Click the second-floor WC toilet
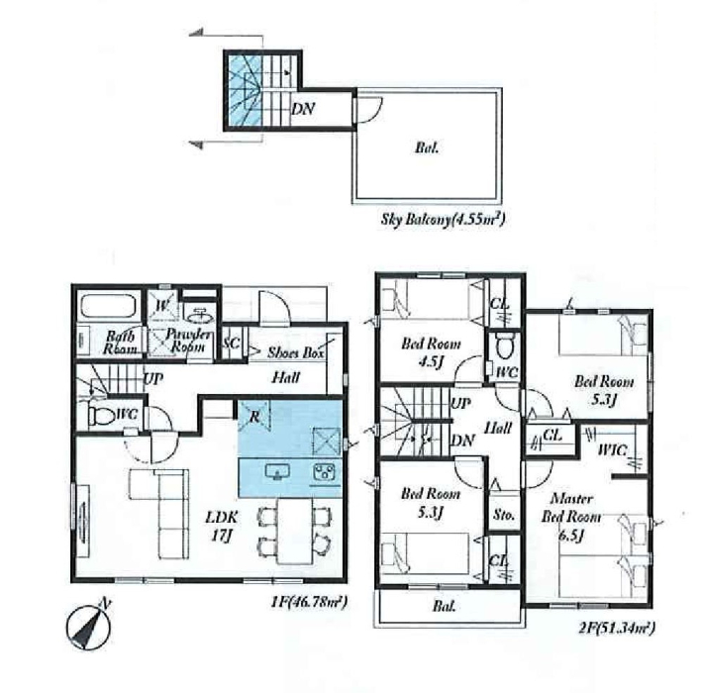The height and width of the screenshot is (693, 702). click(x=505, y=346)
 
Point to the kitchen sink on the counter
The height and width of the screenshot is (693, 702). click(x=277, y=472)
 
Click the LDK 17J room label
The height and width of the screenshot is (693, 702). click(x=221, y=526)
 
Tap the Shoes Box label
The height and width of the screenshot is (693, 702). click(x=296, y=352)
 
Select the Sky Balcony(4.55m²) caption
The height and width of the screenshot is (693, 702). click(x=443, y=220)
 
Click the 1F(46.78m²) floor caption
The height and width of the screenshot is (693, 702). click(x=309, y=601)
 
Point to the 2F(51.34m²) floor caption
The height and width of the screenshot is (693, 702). click(x=617, y=628)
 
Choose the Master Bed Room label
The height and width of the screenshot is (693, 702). click(x=571, y=508)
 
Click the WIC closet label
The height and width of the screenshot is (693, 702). click(x=613, y=449)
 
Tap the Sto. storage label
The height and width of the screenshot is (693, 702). click(x=504, y=515)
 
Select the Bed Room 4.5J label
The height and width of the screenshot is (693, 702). click(x=431, y=352)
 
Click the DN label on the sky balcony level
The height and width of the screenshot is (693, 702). click(x=303, y=109)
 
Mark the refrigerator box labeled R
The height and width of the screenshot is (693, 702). click(x=253, y=416)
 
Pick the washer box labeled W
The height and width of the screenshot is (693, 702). click(x=163, y=306)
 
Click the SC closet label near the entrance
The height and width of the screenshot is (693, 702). click(x=231, y=344)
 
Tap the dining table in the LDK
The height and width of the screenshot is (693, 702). click(x=295, y=531)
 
